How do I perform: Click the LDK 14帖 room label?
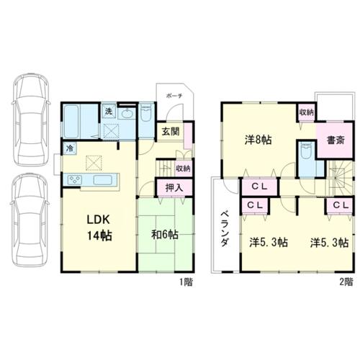click(99, 228)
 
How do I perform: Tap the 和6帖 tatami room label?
click(165, 235)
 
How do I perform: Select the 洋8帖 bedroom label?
click(258, 140)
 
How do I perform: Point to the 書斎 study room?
click(336, 140)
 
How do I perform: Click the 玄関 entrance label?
click(171, 132)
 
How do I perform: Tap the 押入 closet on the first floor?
click(174, 187)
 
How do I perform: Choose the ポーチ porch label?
click(174, 96)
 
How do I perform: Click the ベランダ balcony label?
click(225, 228)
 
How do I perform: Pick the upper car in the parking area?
click(31, 119)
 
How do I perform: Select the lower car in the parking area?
click(30, 220)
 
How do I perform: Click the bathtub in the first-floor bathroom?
click(71, 122)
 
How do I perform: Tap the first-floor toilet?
click(146, 112)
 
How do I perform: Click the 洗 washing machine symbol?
click(109, 112)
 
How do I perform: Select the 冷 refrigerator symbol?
click(70, 148)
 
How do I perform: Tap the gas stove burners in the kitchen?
click(75, 180)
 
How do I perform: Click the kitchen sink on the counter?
click(103, 180)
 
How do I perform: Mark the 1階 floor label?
click(186, 282)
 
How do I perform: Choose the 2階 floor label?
click(346, 282)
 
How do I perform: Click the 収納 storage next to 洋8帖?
click(307, 112)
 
